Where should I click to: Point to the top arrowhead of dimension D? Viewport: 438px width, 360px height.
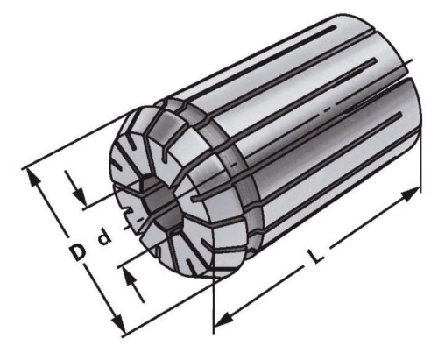pos(35,174)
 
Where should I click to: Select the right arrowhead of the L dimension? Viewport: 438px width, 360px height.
pos(415,193)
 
